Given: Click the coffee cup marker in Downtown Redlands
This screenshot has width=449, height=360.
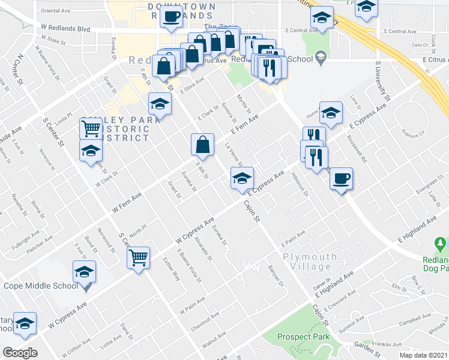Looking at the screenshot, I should coord(171,17).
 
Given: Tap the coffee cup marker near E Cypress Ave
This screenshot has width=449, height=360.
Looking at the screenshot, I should coord(341,179).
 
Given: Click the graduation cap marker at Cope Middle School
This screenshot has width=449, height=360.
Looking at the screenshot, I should coord(84,272).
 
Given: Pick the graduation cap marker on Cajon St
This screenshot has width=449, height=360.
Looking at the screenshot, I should coord(242,178).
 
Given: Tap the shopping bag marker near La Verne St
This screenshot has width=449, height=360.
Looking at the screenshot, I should coord(203,145).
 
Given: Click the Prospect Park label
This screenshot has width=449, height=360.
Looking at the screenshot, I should coord(304,337).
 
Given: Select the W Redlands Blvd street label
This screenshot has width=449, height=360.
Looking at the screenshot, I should coord(65,29).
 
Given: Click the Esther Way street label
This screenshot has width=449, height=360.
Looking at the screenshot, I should coord(171,268).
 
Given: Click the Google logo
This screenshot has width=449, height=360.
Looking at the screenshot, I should coord(20,353).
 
